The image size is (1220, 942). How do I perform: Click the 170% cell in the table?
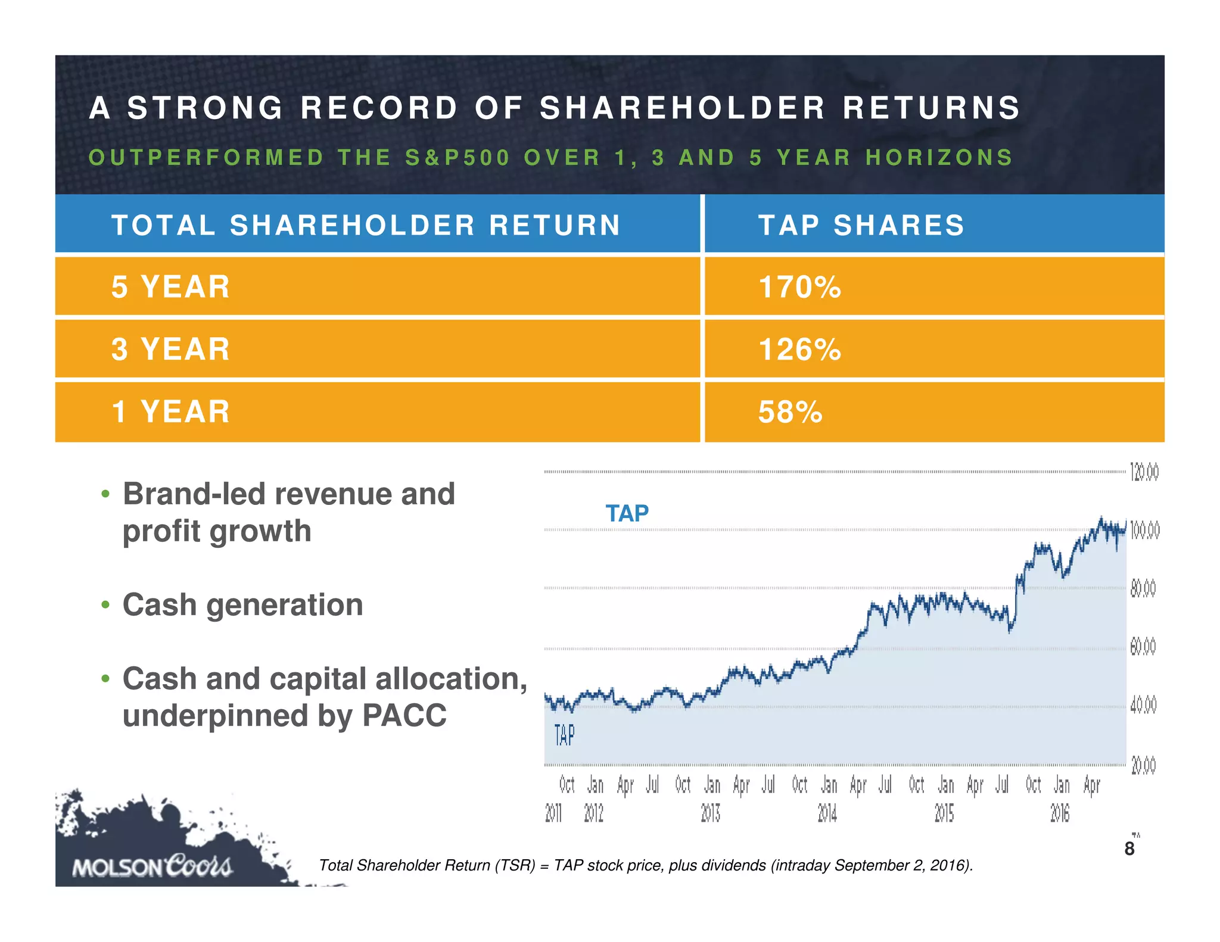pyautogui.click(x=799, y=287)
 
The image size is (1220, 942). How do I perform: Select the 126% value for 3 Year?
pyautogui.click(x=799, y=350)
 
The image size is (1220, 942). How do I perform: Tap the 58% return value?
pyautogui.click(x=790, y=412)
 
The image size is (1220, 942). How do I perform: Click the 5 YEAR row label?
pyautogui.click(x=170, y=287)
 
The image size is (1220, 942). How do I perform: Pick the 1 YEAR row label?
pyautogui.click(x=170, y=412)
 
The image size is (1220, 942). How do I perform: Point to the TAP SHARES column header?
pyautogui.click(x=861, y=225)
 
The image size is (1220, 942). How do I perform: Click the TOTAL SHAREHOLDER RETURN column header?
pyautogui.click(x=366, y=225)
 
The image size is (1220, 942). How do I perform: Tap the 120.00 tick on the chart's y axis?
pyautogui.click(x=1144, y=473)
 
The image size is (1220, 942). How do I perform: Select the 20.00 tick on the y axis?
pyautogui.click(x=1143, y=765)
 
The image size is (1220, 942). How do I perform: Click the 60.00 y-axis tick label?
pyautogui.click(x=1143, y=647)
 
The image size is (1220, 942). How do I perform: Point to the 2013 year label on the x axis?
pyautogui.click(x=711, y=813)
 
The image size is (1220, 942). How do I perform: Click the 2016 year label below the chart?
pyautogui.click(x=1060, y=813)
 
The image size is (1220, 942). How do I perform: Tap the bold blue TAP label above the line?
pyautogui.click(x=627, y=513)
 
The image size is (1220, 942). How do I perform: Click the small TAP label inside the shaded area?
pyautogui.click(x=564, y=735)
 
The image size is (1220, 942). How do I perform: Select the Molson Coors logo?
pyautogui.click(x=152, y=866)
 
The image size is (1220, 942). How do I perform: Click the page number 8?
pyautogui.click(x=1129, y=849)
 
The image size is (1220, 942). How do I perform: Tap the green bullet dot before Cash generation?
pyautogui.click(x=105, y=605)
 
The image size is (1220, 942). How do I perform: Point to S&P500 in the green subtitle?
pyautogui.click(x=457, y=158)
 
